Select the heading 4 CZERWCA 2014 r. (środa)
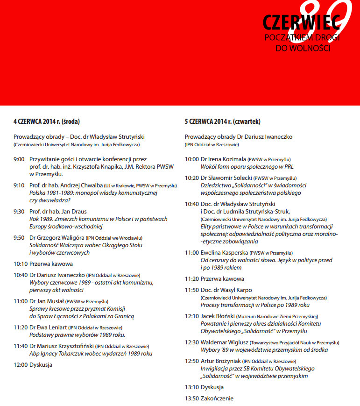pos(46,121)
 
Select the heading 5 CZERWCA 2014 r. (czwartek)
pos(222,121)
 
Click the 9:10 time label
pos(19,185)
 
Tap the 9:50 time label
pos(19,238)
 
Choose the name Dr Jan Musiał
pos(46,301)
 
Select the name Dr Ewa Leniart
pos(48,328)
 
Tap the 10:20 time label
pos(192,178)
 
